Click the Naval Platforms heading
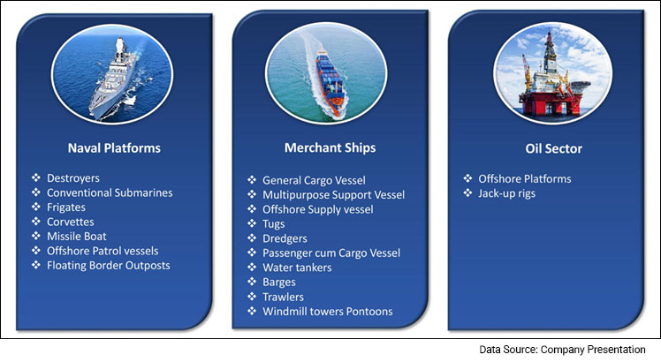(114, 147)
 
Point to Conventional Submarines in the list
(109, 192)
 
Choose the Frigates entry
(72, 207)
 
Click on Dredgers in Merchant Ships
(285, 238)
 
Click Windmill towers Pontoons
(328, 312)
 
